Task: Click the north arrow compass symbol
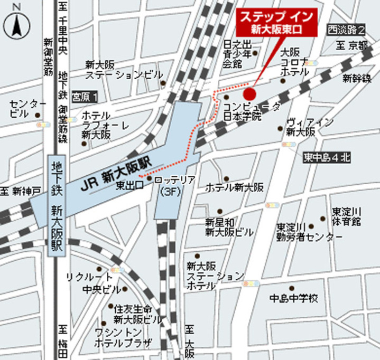(15, 22)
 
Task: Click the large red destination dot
(249, 94)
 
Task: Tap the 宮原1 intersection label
(85, 97)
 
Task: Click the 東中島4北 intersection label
(327, 157)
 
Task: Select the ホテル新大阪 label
(234, 187)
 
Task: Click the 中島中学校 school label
(294, 298)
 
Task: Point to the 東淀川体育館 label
(346, 215)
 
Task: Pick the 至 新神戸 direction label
(20, 190)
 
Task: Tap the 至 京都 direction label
(352, 46)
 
